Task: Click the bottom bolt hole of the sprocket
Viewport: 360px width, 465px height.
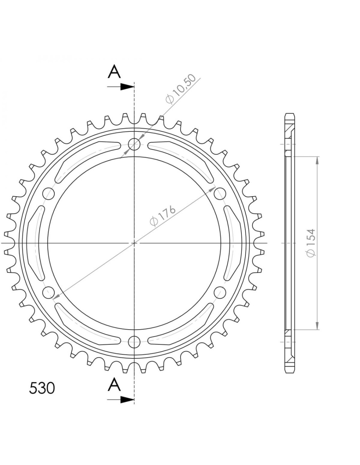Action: [134, 342]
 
